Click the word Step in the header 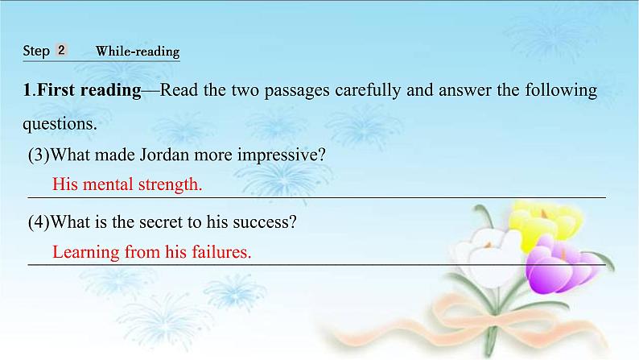tap(36, 51)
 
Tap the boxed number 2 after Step tap(61, 50)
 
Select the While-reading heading tap(137, 52)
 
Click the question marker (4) tap(39, 221)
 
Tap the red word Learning tap(85, 251)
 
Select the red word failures tap(219, 251)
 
